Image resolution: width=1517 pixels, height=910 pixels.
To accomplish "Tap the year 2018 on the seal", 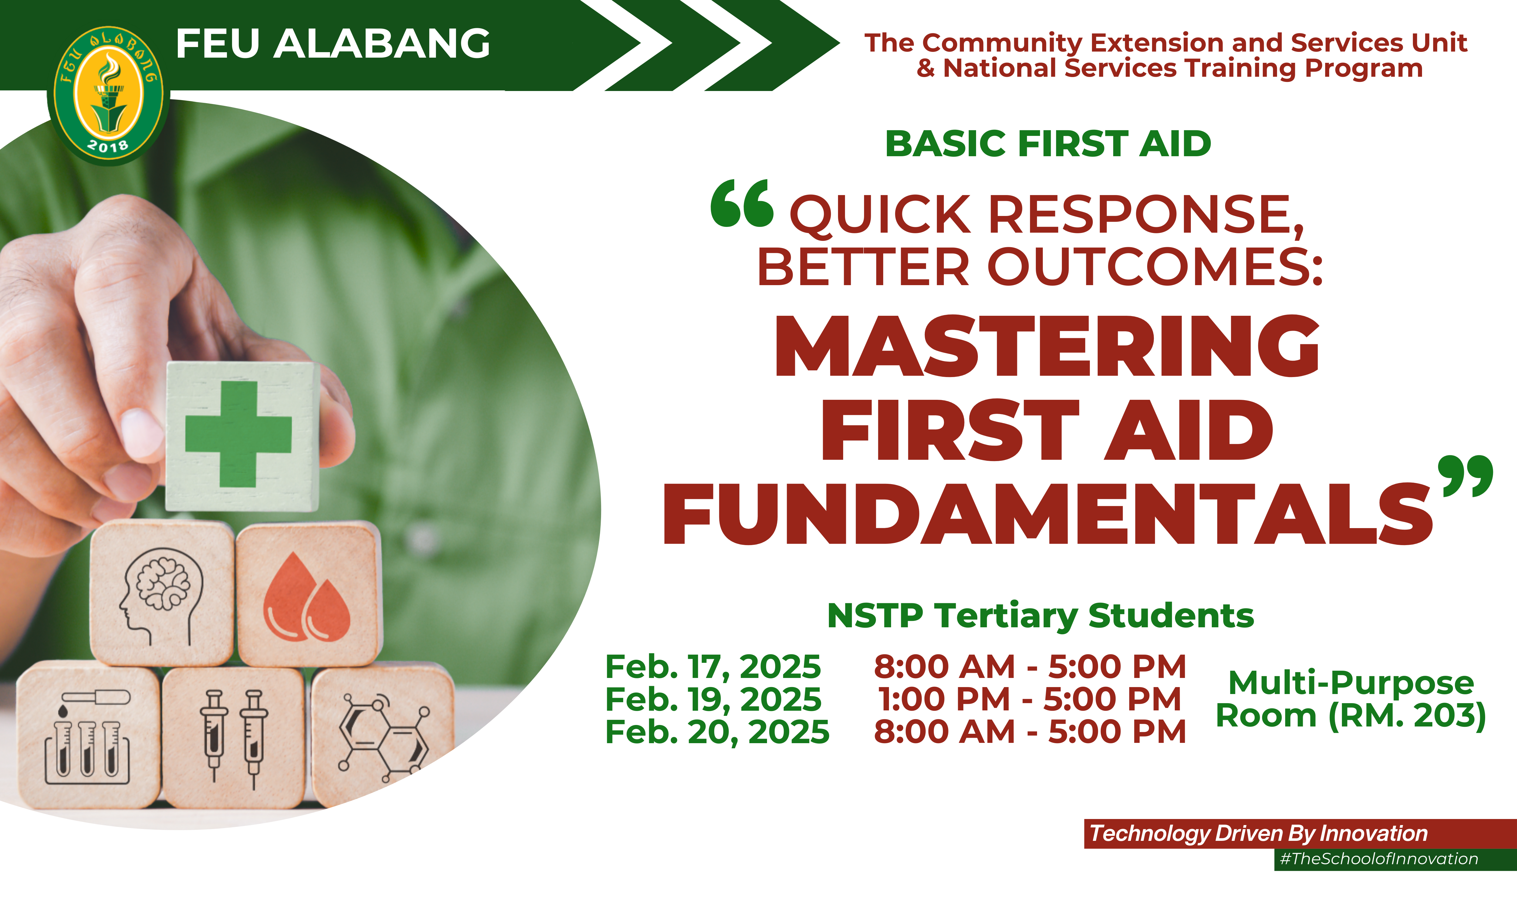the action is point(108,146).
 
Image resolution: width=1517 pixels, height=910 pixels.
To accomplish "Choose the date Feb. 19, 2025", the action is point(713,700).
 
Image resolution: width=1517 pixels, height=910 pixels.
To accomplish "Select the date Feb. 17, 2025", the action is point(712,667).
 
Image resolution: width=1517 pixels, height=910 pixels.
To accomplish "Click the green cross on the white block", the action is point(238,434).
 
